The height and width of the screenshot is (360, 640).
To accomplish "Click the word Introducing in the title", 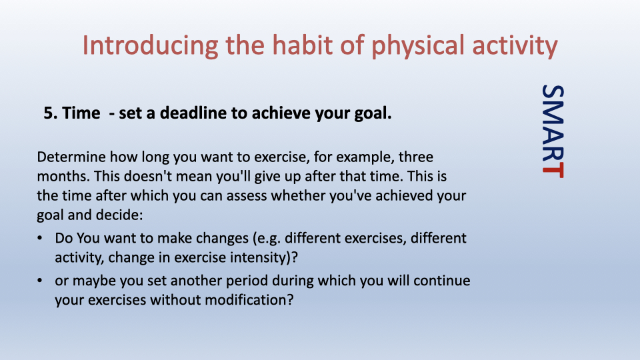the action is pyautogui.click(x=150, y=46).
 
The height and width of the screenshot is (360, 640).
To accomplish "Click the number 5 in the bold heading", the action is pyautogui.click(x=49, y=113).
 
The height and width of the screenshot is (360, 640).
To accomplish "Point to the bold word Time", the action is pyautogui.click(x=81, y=113).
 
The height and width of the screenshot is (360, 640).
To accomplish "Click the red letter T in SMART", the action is pyautogui.click(x=553, y=170).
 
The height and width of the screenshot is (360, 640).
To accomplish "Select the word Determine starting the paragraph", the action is pyautogui.click(x=71, y=157).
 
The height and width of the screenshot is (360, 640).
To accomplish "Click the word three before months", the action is pyautogui.click(x=416, y=157).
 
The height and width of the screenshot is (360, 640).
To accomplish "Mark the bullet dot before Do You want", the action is pyautogui.click(x=39, y=238).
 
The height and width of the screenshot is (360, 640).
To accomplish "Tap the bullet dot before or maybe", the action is pyautogui.click(x=39, y=281).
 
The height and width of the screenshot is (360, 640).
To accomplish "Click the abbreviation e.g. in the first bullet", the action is pyautogui.click(x=266, y=239).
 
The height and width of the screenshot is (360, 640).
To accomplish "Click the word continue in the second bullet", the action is pyautogui.click(x=441, y=281).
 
